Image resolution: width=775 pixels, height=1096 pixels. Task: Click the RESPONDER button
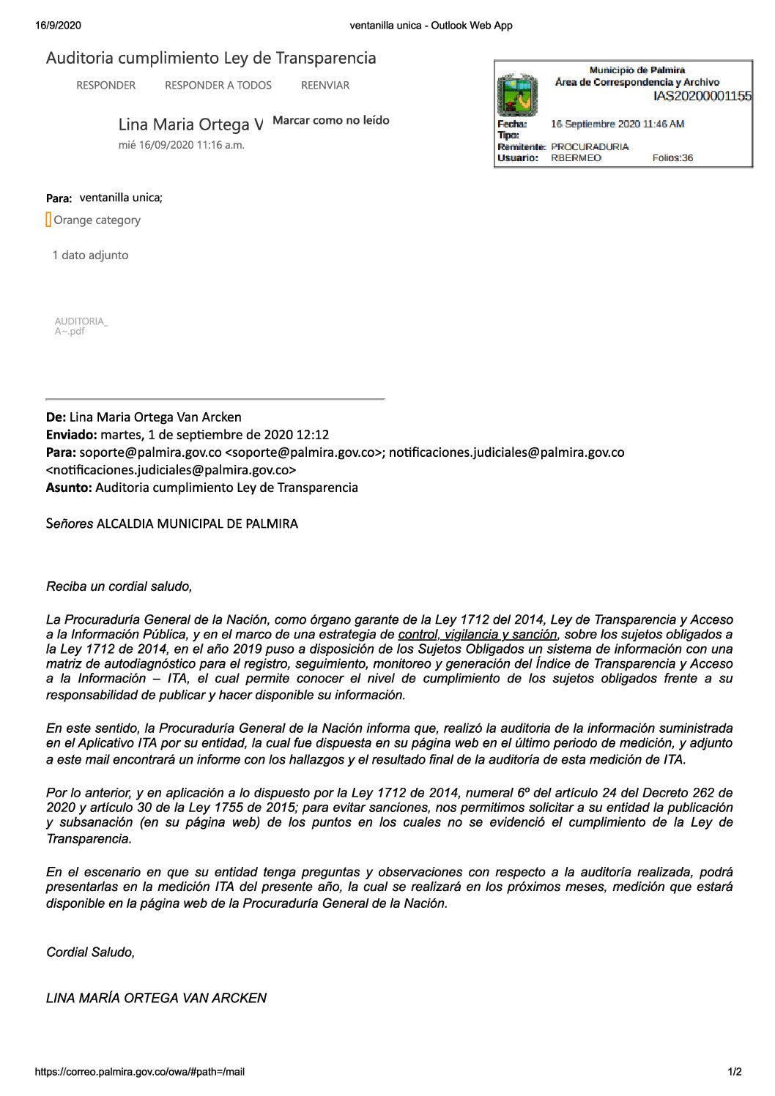point(105,86)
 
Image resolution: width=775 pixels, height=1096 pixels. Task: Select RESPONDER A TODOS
point(218,86)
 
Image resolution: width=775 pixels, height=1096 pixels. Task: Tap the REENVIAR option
point(325,86)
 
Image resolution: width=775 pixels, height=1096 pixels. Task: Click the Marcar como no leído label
point(330,120)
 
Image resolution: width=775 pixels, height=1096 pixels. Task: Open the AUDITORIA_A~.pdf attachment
point(81,326)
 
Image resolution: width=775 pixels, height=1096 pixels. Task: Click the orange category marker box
point(48,220)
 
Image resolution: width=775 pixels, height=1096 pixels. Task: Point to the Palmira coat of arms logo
point(517,94)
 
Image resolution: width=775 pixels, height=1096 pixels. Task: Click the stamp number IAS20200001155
point(702,96)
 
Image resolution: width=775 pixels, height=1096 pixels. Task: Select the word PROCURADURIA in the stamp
point(590,146)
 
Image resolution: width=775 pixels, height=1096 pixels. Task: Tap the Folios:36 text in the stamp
point(672,157)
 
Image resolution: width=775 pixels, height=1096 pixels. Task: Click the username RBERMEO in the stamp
point(576,157)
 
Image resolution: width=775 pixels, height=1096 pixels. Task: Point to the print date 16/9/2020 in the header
point(58,26)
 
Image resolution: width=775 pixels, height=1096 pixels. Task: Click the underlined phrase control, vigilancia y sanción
point(478,634)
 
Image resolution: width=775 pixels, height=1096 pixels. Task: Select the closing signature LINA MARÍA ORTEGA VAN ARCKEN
point(156,998)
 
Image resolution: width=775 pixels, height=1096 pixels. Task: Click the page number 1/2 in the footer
point(735,1072)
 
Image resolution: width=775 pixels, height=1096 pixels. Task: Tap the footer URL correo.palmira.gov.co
point(139,1072)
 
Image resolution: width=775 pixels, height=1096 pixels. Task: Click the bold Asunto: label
point(69,488)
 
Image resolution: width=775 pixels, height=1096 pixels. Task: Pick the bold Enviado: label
point(72,435)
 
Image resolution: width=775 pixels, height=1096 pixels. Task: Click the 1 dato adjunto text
point(90,255)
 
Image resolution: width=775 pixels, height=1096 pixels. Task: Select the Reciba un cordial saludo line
point(119,586)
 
